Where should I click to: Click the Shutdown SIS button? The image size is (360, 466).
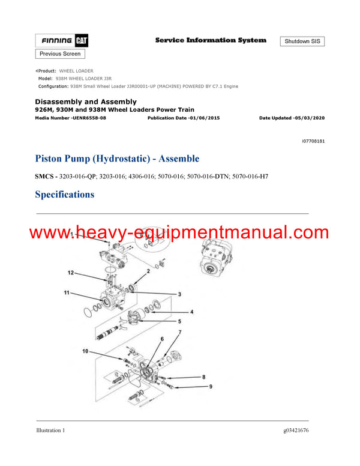pyautogui.click(x=302, y=41)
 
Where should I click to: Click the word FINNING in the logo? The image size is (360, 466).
pyautogui.click(x=57, y=41)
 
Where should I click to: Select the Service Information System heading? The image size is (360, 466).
pyautogui.click(x=211, y=40)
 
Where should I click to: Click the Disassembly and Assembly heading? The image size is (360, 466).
pyautogui.click(x=86, y=101)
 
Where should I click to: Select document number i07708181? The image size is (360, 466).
pyautogui.click(x=313, y=141)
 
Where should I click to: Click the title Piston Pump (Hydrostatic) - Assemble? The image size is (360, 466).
pyautogui.click(x=117, y=159)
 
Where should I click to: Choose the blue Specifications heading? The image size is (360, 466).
pyautogui.click(x=64, y=194)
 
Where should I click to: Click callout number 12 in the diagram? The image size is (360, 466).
pyautogui.click(x=71, y=273)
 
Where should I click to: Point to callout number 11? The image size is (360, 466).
pyautogui.click(x=67, y=293)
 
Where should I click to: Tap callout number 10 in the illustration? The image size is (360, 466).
pyautogui.click(x=85, y=351)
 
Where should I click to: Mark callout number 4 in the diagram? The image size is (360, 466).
pyautogui.click(x=192, y=312)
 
